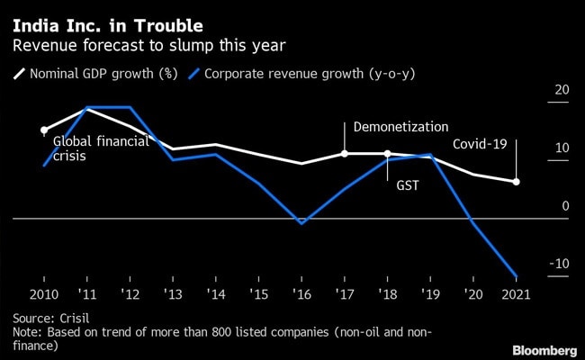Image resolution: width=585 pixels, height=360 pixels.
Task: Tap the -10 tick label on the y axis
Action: tap(559, 264)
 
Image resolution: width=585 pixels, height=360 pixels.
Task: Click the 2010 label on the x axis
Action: tap(45, 294)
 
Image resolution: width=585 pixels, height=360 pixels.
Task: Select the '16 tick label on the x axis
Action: tap(301, 294)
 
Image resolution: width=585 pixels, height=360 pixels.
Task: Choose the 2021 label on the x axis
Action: tap(516, 294)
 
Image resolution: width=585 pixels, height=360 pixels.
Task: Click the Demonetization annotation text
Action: tap(400, 128)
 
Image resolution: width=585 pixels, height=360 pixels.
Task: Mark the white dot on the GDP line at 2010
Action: tap(44, 130)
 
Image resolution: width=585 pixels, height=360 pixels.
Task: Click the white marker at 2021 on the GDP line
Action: tap(517, 182)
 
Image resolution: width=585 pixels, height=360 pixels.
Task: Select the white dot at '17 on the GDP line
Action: tap(345, 154)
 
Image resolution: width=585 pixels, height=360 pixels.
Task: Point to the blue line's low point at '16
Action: tap(301, 223)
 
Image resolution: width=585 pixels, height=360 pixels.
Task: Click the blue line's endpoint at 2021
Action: tap(517, 276)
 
